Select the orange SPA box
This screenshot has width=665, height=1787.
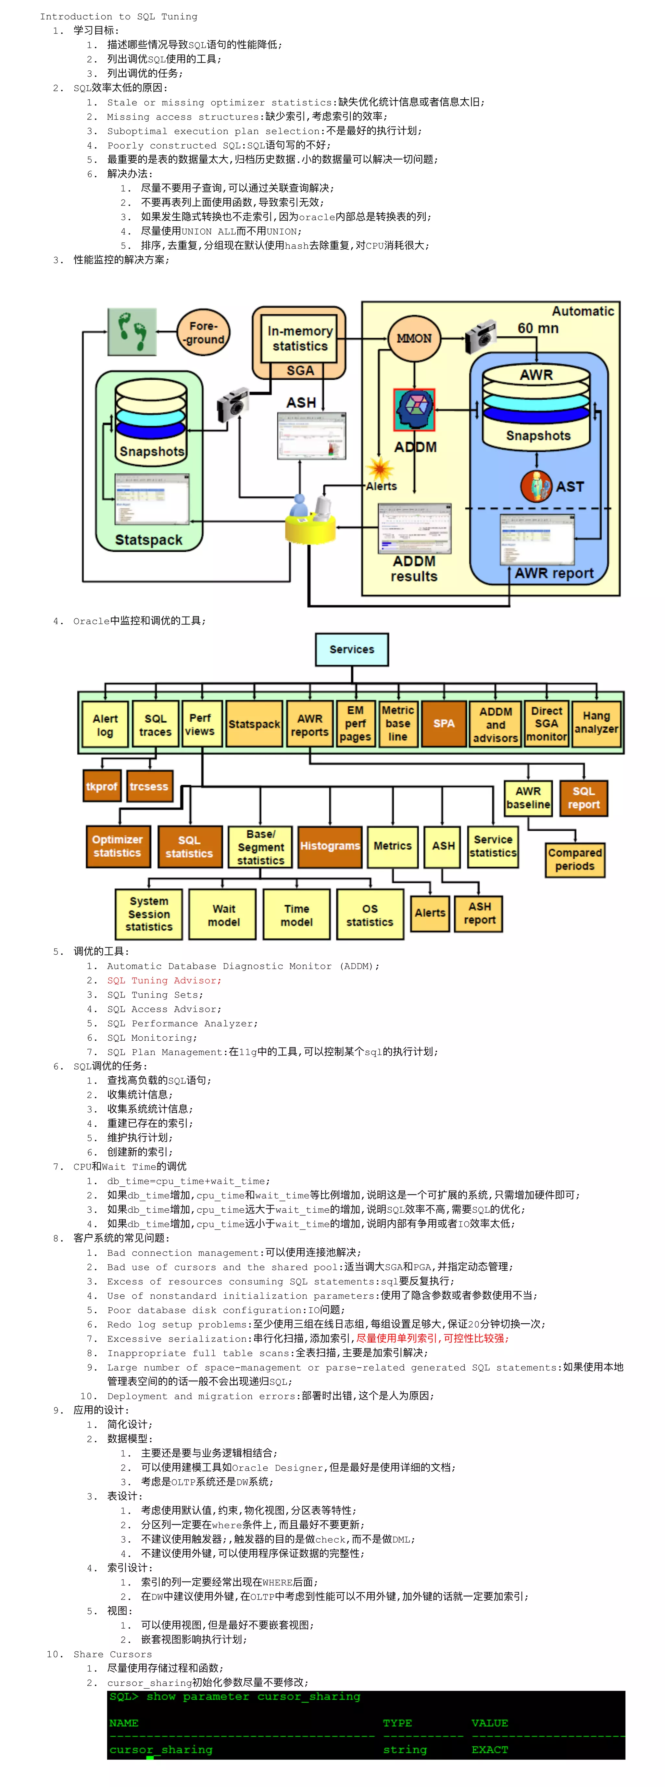[x=444, y=724]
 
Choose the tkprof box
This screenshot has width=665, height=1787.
[x=101, y=786]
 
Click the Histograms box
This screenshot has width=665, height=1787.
[x=330, y=846]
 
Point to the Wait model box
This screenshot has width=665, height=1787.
[x=223, y=915]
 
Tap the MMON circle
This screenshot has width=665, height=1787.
[x=414, y=338]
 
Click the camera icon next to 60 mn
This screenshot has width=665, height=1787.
[x=480, y=337]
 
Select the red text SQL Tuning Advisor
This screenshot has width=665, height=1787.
[x=164, y=980]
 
